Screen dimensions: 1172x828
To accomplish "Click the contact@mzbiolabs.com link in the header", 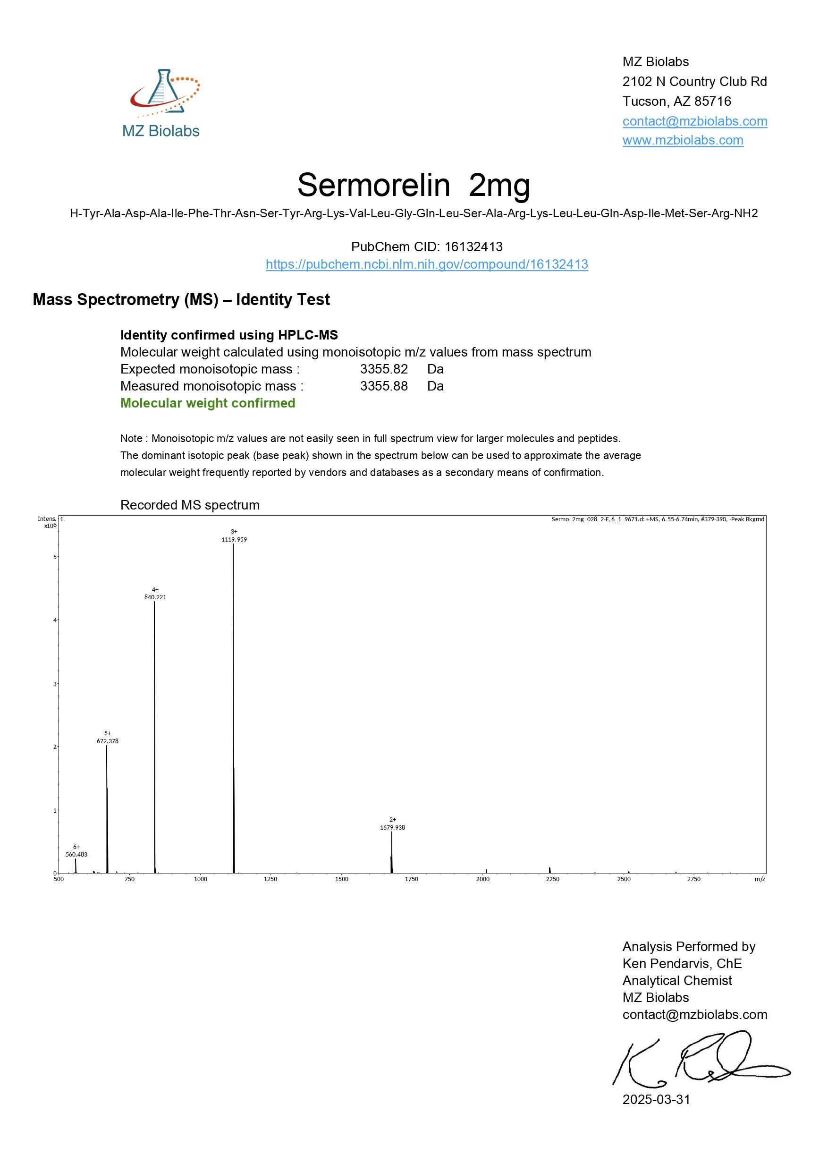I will click(694, 121).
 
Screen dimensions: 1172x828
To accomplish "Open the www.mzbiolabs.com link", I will click(683, 140).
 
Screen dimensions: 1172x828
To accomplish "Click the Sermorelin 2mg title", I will click(413, 185).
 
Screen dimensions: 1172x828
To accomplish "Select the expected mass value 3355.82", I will click(384, 369).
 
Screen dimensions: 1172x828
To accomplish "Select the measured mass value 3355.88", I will click(384, 386).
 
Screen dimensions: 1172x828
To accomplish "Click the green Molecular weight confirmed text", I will click(208, 403).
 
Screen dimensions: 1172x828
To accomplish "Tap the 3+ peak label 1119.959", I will click(234, 540).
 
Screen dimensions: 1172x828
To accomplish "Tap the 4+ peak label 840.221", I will click(155, 597).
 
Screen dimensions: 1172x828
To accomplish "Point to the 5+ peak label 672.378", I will click(108, 741).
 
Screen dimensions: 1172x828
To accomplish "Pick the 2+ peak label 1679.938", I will click(392, 827).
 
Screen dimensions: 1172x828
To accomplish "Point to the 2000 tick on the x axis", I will click(482, 879).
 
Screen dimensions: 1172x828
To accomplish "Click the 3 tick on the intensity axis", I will click(55, 683).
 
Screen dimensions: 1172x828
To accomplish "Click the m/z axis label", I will click(760, 879).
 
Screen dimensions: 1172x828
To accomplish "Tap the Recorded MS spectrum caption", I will click(190, 505).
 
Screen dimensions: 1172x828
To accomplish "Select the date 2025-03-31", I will click(656, 1099).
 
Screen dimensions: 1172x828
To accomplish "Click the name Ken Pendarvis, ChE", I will click(682, 964).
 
